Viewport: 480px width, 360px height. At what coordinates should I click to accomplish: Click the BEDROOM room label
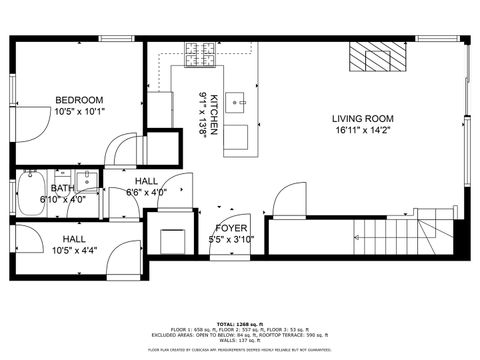pos(78,100)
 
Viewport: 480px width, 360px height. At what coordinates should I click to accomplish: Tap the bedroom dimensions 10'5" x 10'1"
pos(78,111)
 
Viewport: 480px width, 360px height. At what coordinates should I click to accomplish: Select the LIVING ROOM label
pos(363,119)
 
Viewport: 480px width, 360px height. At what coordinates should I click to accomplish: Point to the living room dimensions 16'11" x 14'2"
pos(363,130)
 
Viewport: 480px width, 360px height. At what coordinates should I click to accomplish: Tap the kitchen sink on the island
pos(237,100)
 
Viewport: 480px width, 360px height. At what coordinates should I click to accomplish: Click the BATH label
pos(62,188)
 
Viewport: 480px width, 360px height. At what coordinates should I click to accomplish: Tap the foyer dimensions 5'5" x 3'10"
pos(231,240)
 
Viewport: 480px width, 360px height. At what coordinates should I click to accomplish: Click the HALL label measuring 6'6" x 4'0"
pos(146,180)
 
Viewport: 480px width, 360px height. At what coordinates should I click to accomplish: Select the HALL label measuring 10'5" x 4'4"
pos(74,239)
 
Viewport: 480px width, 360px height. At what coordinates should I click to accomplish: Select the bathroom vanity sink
pos(88,180)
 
